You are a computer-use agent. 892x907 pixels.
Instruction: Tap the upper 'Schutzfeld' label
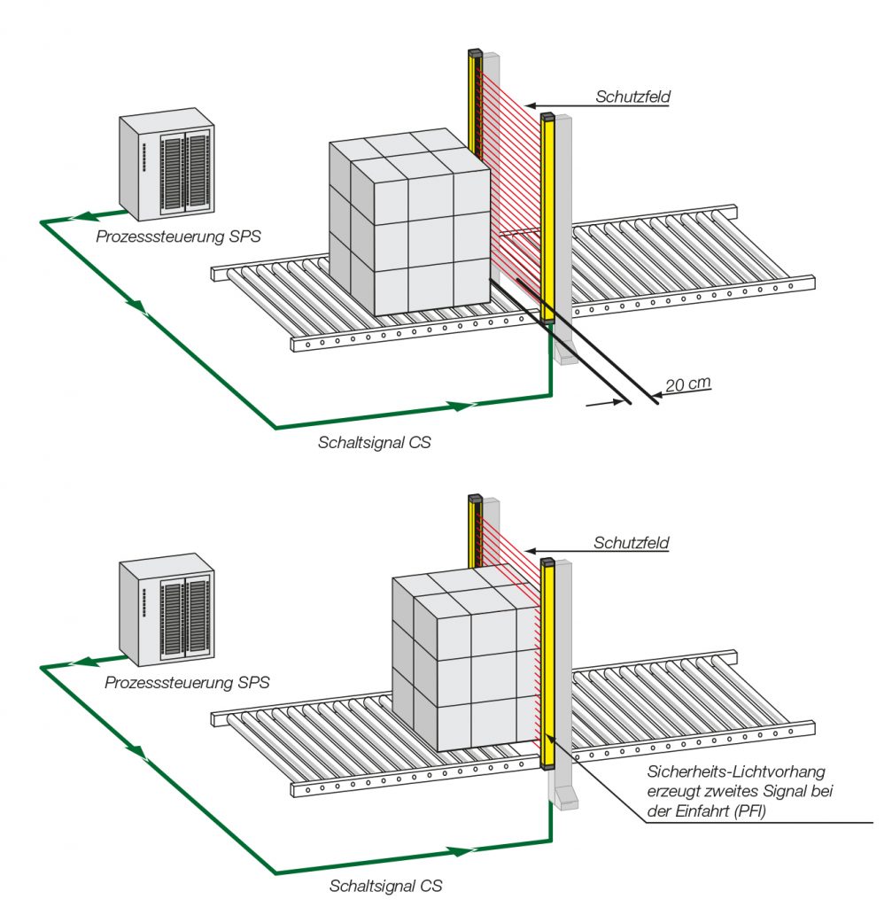click(631, 97)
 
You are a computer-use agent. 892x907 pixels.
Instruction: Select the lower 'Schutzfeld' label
click(631, 542)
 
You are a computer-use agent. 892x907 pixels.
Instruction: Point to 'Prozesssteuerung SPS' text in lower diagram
click(187, 683)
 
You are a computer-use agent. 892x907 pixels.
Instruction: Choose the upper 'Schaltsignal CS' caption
click(375, 441)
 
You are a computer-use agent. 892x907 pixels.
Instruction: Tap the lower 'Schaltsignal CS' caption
click(386, 885)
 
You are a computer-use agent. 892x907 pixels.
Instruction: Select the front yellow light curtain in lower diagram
click(547, 664)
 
